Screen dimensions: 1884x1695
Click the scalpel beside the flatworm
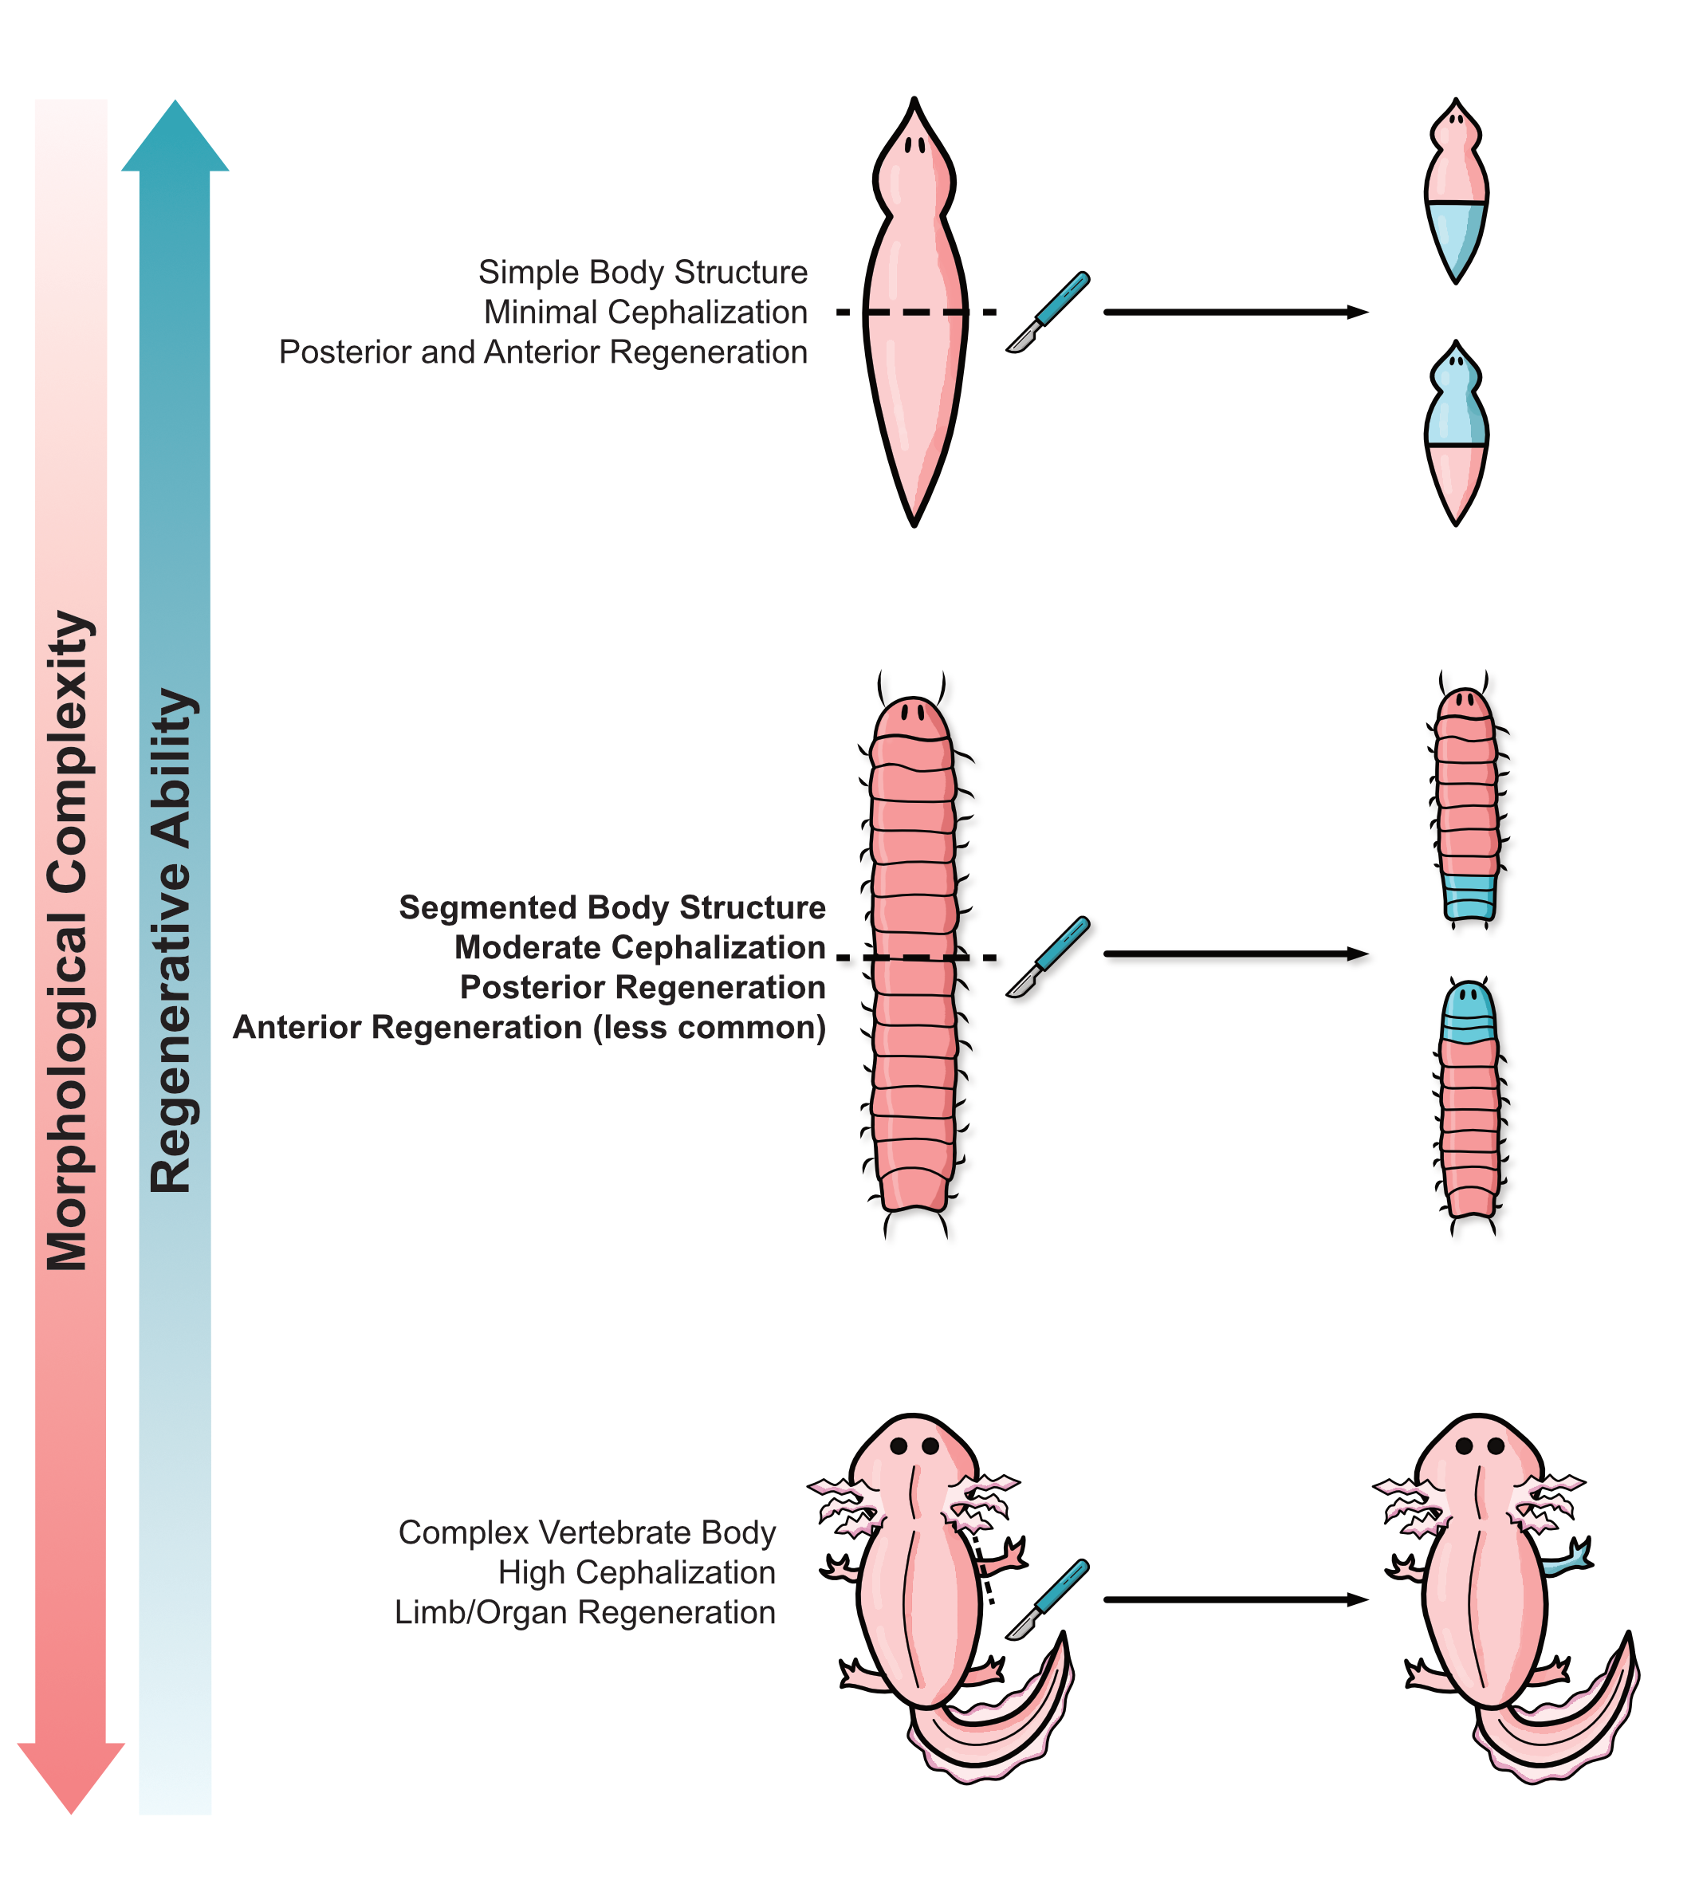[x=1048, y=312]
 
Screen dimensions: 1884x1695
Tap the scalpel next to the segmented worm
[x=1048, y=957]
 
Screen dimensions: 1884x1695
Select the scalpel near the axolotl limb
[x=1048, y=1599]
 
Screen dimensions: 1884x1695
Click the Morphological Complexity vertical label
[x=69, y=941]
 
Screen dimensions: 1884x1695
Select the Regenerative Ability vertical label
[x=173, y=941]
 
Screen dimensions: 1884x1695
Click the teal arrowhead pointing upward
[x=175, y=140]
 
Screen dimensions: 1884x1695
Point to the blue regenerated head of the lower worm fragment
[x=1469, y=1013]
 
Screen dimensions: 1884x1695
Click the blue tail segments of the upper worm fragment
[x=1469, y=896]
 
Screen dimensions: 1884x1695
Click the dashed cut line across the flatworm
[x=915, y=312]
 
